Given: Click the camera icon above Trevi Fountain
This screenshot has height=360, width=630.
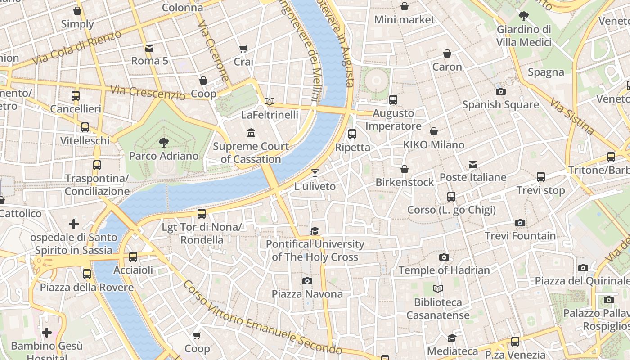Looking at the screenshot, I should tap(520, 223).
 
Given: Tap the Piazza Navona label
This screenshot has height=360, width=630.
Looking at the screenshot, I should tap(307, 294).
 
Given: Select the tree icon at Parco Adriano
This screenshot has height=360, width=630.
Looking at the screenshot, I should tap(164, 143).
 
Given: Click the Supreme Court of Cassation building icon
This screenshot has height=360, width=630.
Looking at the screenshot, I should tap(251, 133).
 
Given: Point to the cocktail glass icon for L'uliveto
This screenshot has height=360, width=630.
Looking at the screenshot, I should tap(315, 173).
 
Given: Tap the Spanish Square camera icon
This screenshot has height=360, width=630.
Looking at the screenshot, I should tap(500, 92).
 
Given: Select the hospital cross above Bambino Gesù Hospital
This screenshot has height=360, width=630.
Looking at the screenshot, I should tap(47, 333).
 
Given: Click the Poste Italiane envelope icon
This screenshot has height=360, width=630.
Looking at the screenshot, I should tap(472, 165).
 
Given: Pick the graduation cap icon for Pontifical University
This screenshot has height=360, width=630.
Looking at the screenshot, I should tap(315, 231).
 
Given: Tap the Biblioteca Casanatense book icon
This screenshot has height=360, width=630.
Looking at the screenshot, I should tap(438, 289).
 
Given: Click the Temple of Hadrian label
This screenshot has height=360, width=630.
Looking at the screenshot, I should tap(444, 270).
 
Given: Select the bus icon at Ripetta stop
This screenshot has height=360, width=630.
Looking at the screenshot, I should tap(352, 134).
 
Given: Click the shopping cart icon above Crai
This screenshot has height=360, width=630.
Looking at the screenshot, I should tap(243, 49).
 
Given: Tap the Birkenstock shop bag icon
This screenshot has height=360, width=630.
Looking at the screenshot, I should tap(405, 169).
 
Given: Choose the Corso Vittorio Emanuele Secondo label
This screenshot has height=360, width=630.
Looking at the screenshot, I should tap(263, 318).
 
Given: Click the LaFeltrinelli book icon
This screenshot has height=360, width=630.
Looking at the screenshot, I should tap(270, 102).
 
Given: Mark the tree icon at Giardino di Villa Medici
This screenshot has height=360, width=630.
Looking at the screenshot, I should tap(523, 16).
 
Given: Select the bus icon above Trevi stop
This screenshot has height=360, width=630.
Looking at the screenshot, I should tap(541, 177).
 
